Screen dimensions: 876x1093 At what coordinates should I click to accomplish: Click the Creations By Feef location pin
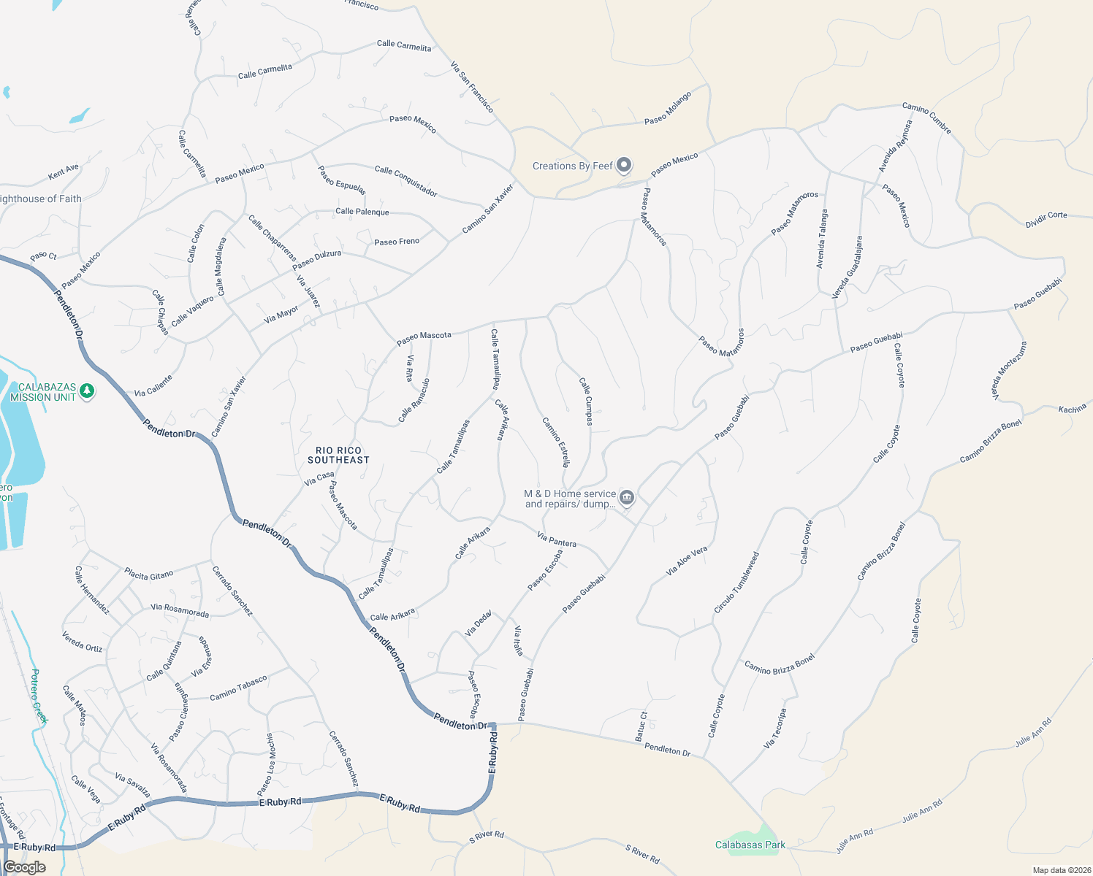coord(623,166)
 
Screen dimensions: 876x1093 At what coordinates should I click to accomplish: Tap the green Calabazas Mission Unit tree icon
coord(87,391)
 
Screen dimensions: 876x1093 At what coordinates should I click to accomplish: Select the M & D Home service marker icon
coord(626,498)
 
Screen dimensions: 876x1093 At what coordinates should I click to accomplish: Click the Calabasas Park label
coord(750,845)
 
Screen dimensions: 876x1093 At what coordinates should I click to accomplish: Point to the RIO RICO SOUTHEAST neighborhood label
coord(338,456)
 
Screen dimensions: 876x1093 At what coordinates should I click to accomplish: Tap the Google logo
coord(24,867)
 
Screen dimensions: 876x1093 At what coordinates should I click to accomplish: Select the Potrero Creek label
coord(39,696)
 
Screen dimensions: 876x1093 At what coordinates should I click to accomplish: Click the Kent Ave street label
coord(64,172)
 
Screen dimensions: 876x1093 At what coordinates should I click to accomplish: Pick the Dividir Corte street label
coord(1046,220)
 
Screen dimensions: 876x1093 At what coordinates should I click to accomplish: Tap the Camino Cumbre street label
coord(926,118)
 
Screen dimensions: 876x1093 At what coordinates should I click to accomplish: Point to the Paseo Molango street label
coord(668,108)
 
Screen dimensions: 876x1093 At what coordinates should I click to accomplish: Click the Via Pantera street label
coord(557,540)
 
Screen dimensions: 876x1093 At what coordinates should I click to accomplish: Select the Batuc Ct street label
coord(641,726)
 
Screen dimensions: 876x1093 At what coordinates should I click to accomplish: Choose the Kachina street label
coord(1073,409)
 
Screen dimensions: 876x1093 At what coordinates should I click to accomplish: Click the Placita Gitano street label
coord(149,575)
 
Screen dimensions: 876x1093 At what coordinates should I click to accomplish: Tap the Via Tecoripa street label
coord(775,728)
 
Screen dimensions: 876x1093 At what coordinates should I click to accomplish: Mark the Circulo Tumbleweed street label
coord(736,583)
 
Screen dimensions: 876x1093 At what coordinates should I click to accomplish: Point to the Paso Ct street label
coord(43,257)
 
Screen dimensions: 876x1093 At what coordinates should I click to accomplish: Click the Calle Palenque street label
coord(362,212)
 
